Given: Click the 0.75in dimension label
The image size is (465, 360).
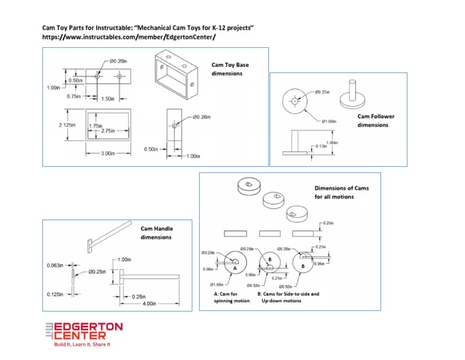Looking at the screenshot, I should coord(75,96).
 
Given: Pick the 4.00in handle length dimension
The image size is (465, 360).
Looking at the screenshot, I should coord(148,303).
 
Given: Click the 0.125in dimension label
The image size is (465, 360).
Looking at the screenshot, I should coord(57,295).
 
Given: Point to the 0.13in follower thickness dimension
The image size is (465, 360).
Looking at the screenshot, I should coord(322,146).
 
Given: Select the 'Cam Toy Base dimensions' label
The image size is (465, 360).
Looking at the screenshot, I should coord(229,68).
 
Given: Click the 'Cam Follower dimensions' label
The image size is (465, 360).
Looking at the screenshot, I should coord(372,121).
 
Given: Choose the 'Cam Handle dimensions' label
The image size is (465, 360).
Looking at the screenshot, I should coord(157,233).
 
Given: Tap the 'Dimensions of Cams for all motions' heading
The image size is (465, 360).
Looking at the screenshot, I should coord(341,192).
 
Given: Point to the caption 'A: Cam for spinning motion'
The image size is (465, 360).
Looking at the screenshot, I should coord(232,297).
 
